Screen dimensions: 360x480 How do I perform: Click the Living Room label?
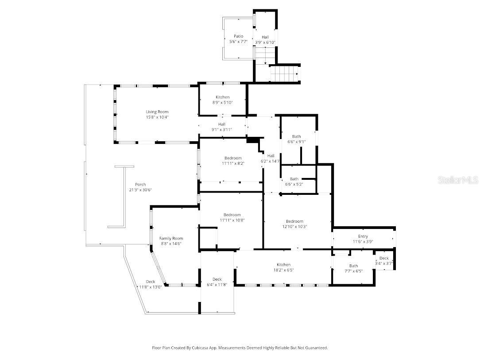pyautogui.click(x=157, y=112)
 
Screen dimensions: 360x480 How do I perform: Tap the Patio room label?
pyautogui.click(x=239, y=36)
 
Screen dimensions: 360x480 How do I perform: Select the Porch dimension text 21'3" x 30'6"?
pyautogui.click(x=140, y=190)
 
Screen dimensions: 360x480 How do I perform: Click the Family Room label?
pyautogui.click(x=171, y=238)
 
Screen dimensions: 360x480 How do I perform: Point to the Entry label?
pyautogui.click(x=363, y=236)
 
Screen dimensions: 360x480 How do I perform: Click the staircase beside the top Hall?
pyautogui.click(x=285, y=73)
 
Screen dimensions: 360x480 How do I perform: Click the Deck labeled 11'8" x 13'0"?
pyautogui.click(x=151, y=282)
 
